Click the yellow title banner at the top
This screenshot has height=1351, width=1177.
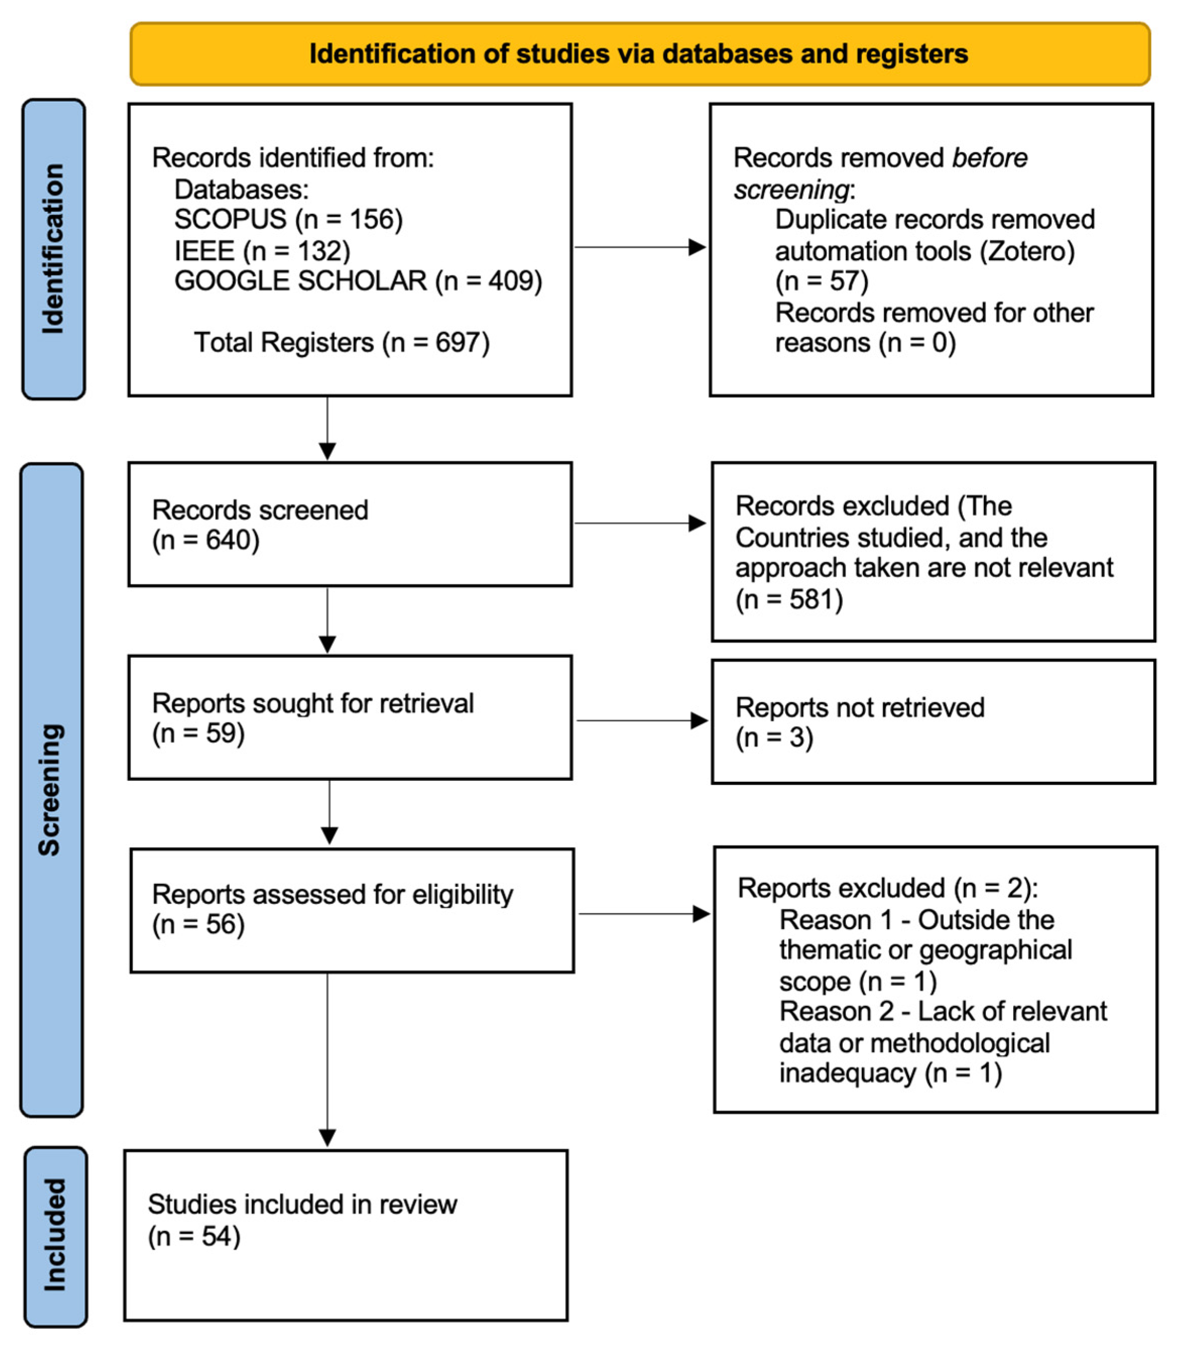click(640, 54)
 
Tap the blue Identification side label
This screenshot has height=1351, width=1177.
click(53, 249)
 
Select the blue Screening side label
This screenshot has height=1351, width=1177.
click(51, 789)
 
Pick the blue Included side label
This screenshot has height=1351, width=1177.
click(55, 1237)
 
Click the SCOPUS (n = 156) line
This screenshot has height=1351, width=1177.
click(288, 219)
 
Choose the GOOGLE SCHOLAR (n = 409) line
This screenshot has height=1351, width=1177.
click(358, 281)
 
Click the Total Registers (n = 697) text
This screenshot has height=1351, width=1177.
click(342, 343)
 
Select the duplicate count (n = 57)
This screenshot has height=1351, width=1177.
click(822, 282)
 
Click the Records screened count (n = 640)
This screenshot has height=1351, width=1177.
click(206, 540)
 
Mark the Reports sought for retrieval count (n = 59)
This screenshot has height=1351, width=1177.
click(199, 733)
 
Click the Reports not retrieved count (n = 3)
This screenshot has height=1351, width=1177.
click(774, 738)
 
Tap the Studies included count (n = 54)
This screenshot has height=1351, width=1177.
click(195, 1237)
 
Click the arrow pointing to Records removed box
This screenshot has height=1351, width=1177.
click(640, 248)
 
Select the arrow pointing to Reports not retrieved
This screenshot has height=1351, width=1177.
click(642, 720)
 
